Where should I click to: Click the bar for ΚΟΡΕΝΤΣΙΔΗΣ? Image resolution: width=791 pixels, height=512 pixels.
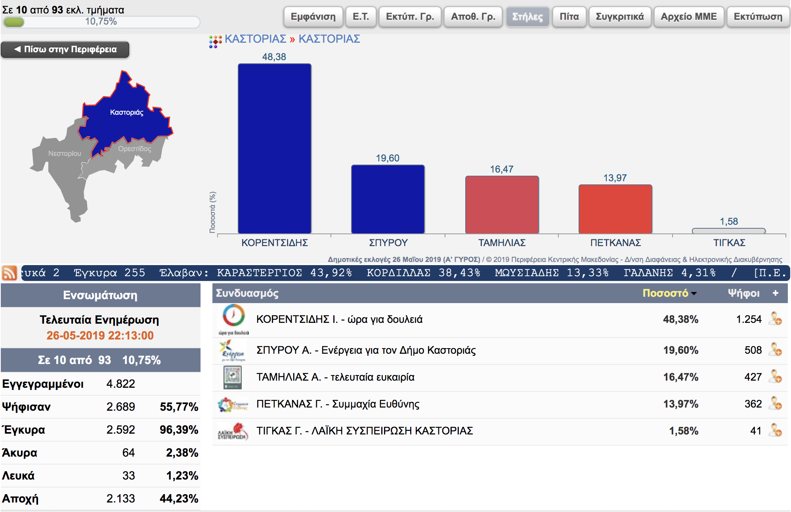pos(274,148)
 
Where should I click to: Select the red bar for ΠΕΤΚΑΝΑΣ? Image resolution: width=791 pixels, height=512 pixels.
pos(615,209)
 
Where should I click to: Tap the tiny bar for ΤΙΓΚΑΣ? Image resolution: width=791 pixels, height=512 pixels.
pos(728,231)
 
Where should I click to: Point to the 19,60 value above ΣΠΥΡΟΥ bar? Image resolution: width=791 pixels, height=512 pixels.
pos(388,158)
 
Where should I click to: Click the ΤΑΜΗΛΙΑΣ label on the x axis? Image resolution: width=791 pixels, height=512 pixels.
pos(502,243)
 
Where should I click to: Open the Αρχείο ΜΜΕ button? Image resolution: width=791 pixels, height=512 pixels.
pos(689,17)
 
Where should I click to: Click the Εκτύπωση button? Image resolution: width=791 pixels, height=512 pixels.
pos(758,17)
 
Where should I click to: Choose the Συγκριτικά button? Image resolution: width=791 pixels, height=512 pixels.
pos(620,17)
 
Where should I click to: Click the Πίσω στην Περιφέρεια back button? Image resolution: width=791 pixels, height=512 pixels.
pos(65,49)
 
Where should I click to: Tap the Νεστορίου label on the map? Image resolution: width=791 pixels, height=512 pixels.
pos(65,154)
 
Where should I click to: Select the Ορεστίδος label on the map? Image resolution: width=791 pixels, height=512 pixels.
pos(134,149)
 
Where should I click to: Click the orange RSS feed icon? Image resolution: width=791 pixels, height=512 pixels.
pos(10,273)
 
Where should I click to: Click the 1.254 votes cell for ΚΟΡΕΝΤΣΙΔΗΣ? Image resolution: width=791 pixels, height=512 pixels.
pos(749,319)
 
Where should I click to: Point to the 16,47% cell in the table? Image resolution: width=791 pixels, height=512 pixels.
pos(680,377)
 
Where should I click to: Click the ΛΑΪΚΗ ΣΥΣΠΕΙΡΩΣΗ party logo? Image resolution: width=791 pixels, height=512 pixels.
pos(233,431)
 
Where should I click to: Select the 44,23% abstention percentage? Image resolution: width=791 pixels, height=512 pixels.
pos(179,499)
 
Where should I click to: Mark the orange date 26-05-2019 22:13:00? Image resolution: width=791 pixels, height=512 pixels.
pos(100,336)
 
